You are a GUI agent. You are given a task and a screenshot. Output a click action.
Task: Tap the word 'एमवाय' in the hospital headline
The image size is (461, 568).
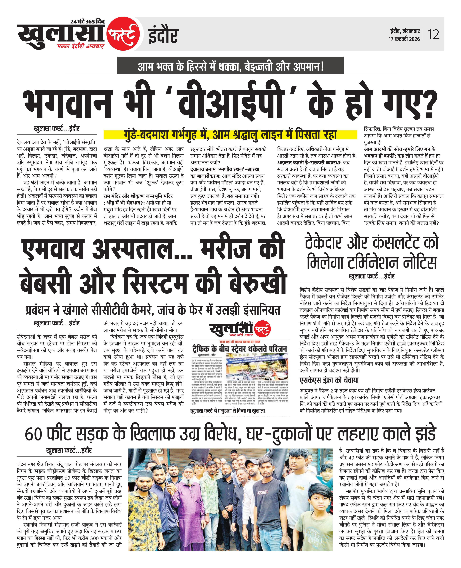pyautogui.click(x=53, y=250)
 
